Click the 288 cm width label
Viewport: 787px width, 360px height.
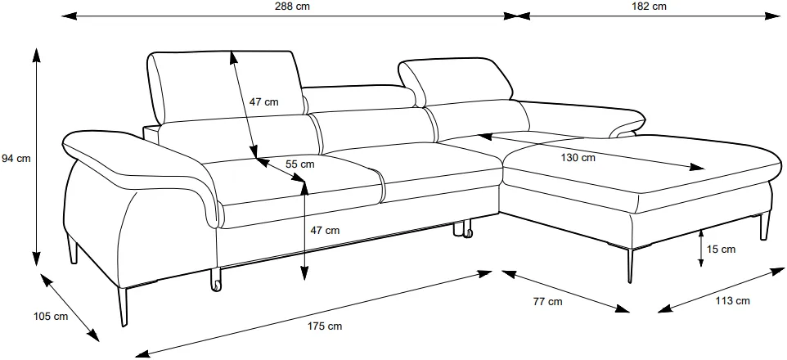292,7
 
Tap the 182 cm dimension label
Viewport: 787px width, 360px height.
649,7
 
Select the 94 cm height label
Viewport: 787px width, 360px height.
16,159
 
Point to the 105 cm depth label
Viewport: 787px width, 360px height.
50,317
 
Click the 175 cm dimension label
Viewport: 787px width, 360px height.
324,326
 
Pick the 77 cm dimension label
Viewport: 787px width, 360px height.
547,302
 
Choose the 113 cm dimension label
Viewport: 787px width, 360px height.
732,301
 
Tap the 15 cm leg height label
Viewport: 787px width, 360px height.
721,249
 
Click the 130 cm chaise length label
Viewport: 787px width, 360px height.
578,158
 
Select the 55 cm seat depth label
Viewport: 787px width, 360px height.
299,164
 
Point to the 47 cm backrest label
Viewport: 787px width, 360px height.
263,102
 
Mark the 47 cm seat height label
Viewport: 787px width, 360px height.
325,231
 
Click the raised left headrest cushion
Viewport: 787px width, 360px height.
227,87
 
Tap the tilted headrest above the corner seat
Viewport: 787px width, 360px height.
456,82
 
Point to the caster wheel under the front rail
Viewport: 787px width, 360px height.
215,281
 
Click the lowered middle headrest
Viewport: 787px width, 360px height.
359,98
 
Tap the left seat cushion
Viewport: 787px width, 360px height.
294,180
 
